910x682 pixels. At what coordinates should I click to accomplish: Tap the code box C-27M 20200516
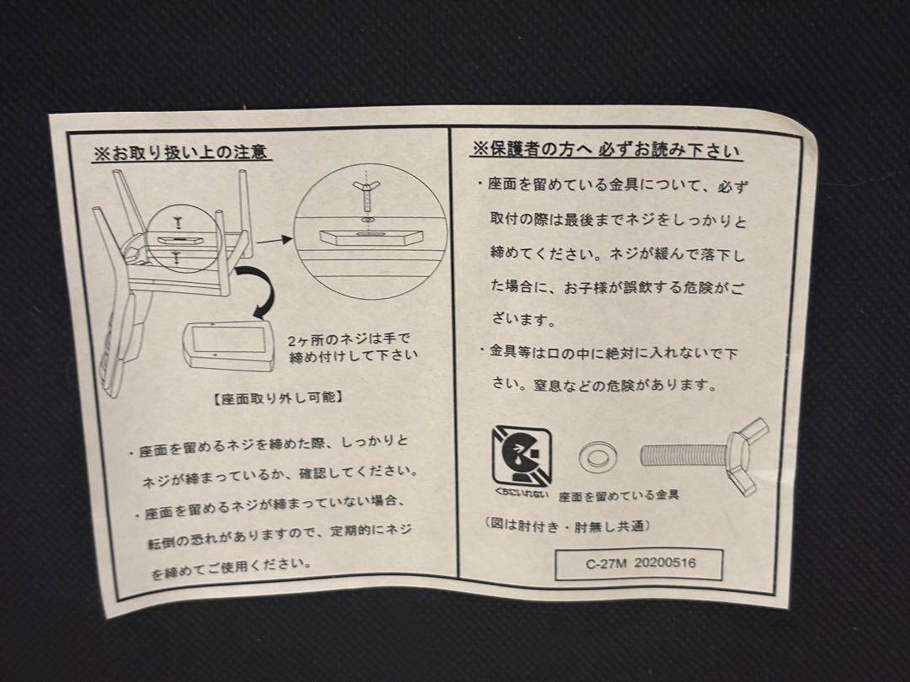coord(640,563)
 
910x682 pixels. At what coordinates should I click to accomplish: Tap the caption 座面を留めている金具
coord(619,496)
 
